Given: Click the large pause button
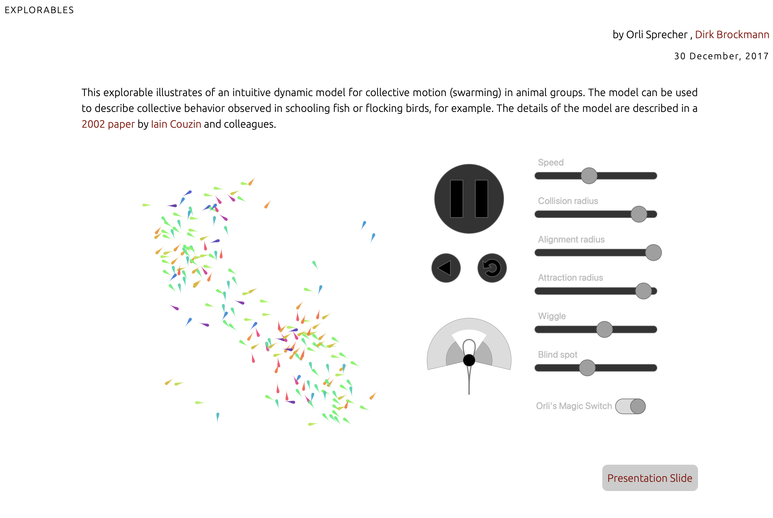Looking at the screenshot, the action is (469, 199).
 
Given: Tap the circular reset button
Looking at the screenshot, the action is (492, 268).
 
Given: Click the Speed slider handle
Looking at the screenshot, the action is (589, 176).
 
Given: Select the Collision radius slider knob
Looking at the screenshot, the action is (639, 214).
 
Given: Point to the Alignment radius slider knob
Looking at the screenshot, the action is (654, 253).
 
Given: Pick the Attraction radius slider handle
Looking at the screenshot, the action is (643, 291).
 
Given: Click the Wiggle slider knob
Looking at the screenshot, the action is (605, 329).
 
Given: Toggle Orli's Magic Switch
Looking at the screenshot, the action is (630, 406).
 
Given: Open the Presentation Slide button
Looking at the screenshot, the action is (650, 478).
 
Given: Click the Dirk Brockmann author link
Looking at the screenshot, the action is (732, 35).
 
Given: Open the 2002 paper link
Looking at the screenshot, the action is (108, 124).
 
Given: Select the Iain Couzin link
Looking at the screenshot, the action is (176, 124).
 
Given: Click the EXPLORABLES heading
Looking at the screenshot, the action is (39, 10).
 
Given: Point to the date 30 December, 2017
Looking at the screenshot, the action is (721, 56).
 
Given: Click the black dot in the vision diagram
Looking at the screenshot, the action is (469, 360).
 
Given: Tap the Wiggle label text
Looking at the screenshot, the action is (552, 317).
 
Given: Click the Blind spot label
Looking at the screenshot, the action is (558, 355).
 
